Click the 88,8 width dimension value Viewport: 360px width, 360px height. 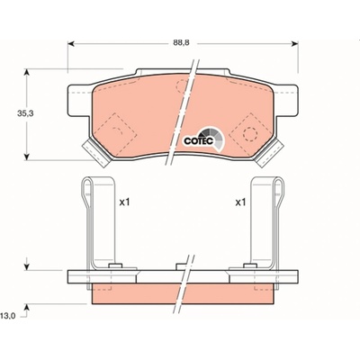click(x=181, y=43)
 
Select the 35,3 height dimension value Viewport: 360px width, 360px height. click(x=25, y=113)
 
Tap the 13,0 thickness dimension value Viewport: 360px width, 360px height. click(x=9, y=316)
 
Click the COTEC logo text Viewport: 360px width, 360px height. click(x=198, y=140)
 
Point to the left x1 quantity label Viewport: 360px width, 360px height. click(x=124, y=202)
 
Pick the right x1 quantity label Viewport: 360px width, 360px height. click(x=240, y=202)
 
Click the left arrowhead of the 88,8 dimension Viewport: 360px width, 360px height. click(x=71, y=44)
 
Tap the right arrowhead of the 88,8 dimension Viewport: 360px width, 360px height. click(x=294, y=44)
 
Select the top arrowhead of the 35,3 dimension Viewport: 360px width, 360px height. click(x=27, y=72)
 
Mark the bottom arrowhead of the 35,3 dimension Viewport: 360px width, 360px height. click(x=27, y=157)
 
